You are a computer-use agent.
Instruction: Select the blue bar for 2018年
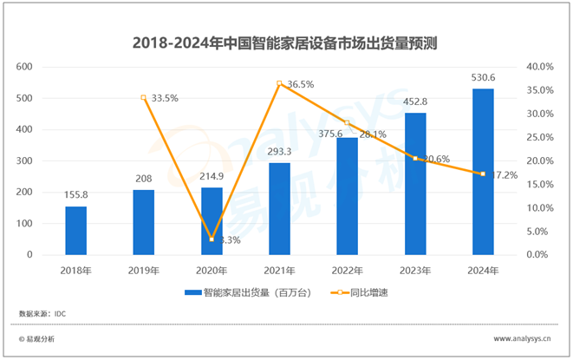[x=76, y=230]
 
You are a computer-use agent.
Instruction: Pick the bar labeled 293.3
[x=279, y=209]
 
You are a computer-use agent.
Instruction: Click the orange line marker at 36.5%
[x=279, y=83]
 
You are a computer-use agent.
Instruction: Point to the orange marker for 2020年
[x=212, y=239]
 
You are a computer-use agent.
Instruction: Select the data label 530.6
[x=483, y=79]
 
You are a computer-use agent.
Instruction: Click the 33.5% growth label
[x=164, y=98]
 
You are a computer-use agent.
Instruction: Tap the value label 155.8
[x=76, y=196]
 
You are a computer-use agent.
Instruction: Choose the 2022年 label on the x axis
[x=347, y=271]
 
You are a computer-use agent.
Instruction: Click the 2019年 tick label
[x=144, y=271]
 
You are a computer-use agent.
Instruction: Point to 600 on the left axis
[x=25, y=67]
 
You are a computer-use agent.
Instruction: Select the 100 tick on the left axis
[x=25, y=224]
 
